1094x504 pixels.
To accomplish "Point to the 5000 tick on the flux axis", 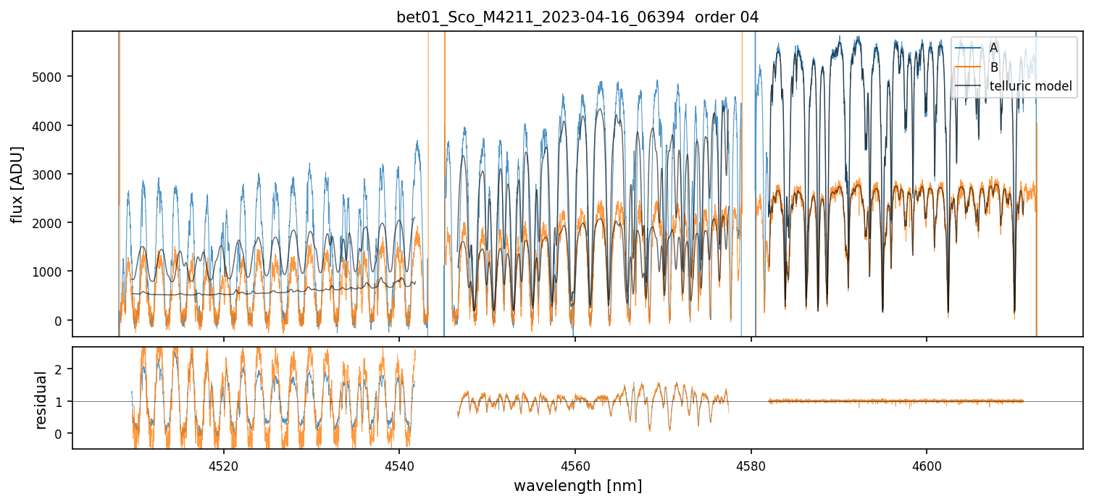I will [x=49, y=77].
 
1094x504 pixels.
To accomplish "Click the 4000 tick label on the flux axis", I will [x=49, y=126].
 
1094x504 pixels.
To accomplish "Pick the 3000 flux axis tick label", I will [x=49, y=175].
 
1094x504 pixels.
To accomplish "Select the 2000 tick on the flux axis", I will [x=49, y=223].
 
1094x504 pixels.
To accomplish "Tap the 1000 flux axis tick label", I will [x=49, y=272].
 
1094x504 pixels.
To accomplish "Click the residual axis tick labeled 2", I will [x=59, y=369].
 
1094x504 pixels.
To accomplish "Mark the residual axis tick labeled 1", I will [x=59, y=401].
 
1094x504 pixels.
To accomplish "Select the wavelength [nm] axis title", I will [x=577, y=486].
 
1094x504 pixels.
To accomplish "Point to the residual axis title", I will [x=41, y=400].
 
